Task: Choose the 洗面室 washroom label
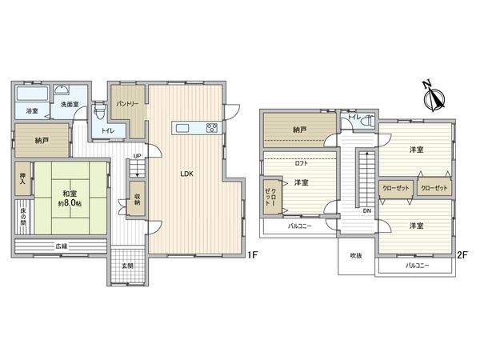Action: coord(66,104)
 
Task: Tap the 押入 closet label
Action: coord(22,178)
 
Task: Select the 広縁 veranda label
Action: coord(61,246)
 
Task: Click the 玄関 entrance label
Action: coord(126,265)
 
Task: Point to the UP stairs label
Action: coord(137,156)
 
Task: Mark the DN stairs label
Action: coord(366,211)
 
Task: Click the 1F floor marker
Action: coord(253,255)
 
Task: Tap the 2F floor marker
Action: coord(462,255)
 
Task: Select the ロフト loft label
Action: coord(301,162)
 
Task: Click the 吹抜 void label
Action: coord(354,255)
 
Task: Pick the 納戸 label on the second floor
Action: coord(299,129)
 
